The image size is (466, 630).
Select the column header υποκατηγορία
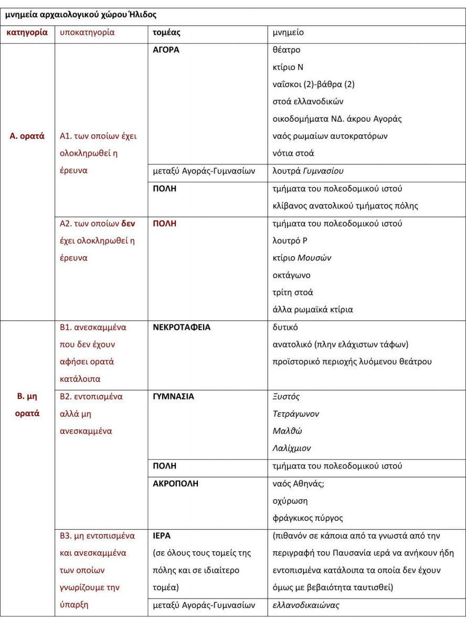click(87, 33)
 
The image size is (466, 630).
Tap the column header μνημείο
click(288, 33)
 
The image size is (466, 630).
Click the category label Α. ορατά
click(27, 136)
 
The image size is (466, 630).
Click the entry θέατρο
click(287, 50)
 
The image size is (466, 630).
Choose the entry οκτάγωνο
click(292, 275)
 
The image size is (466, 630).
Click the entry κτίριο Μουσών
click(302, 257)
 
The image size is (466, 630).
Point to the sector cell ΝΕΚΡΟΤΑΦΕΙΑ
click(182, 327)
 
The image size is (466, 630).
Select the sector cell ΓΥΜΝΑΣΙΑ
click(173, 396)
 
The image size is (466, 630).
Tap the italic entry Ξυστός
click(287, 396)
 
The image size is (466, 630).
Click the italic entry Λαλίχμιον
click(292, 448)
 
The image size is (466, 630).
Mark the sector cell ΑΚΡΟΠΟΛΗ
click(175, 484)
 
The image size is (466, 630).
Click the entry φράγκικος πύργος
click(308, 518)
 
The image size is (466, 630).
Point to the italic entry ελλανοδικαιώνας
click(306, 605)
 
